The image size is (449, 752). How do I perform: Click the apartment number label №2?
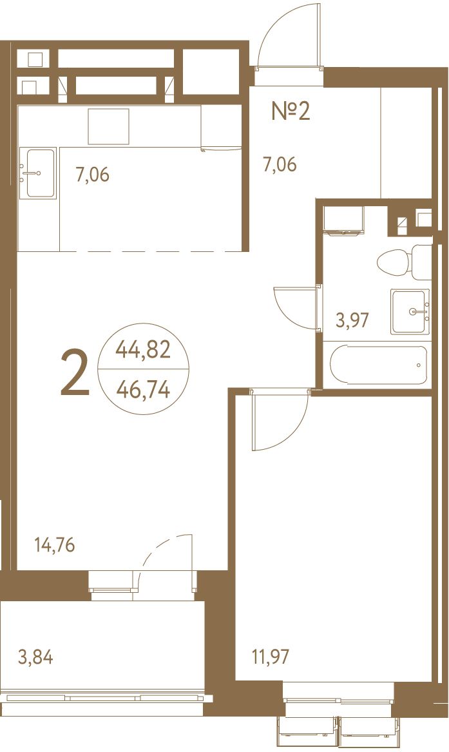291,111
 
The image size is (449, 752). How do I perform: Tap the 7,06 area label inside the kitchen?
93,175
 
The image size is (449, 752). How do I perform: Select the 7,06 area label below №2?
280,164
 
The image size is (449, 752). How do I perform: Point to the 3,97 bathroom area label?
352,320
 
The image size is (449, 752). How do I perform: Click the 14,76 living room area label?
55,545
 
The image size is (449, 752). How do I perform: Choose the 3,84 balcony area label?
35,657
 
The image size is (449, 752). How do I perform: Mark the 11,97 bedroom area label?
271,656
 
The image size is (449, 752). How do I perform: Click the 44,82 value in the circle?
143,350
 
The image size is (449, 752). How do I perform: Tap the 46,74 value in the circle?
143,390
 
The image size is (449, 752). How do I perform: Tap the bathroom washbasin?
410,312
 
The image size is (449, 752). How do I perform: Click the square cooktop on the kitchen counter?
108,126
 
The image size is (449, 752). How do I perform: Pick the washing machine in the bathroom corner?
343,220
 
